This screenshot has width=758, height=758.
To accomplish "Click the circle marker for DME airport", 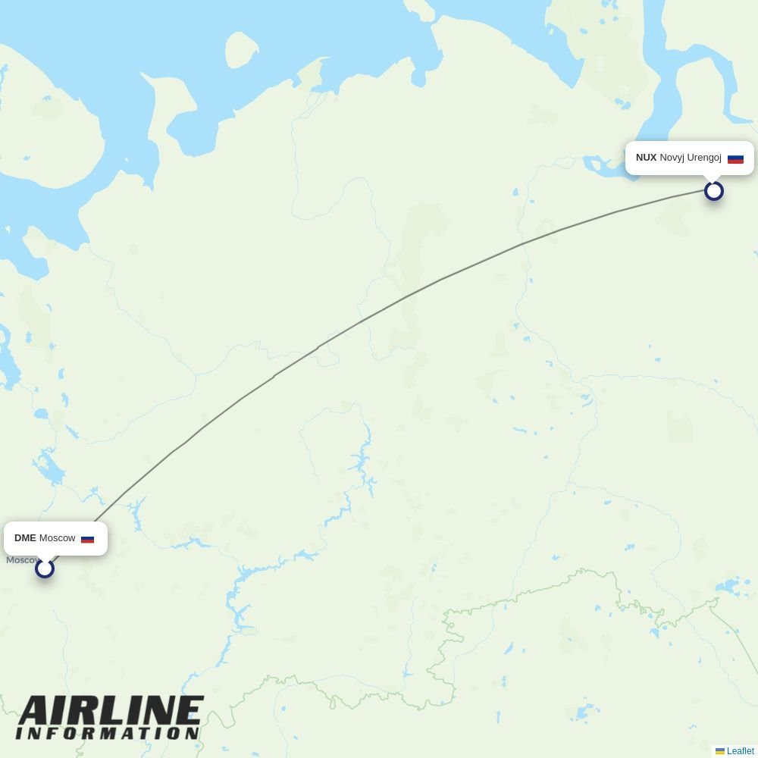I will coord(45,568).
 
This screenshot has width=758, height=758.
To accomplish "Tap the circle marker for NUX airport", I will coord(713,191).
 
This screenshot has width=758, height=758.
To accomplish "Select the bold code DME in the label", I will coord(25,538).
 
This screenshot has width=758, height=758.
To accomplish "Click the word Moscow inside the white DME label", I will coord(58,538).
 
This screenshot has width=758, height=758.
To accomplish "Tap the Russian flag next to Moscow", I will coord(87,539).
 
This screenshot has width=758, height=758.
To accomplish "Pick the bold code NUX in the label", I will coord(646,158).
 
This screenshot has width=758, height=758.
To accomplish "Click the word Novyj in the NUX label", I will coord(672,158).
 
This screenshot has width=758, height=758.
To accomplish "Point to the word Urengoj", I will coord(704,158).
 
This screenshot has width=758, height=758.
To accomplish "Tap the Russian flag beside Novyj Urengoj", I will coord(735,158).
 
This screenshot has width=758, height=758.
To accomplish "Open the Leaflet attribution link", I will coord(740,751).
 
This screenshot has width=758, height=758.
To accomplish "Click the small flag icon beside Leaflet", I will coord(720,751).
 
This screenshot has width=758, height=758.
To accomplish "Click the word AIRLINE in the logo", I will coord(111,712).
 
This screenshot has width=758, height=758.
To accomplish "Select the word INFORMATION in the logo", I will coord(108,734).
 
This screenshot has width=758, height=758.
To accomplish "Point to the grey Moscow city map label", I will coord(21,560).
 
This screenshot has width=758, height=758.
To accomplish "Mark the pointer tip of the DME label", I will coord(45,559).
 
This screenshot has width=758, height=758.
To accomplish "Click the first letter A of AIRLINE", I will coord(35,712).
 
